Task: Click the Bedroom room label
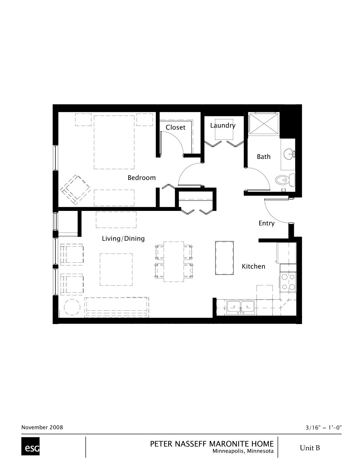(x=141, y=178)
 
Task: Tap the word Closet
(x=175, y=127)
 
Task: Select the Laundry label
(x=223, y=126)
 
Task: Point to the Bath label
(x=264, y=157)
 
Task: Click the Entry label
(x=266, y=223)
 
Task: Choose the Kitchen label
(x=253, y=266)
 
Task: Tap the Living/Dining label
(x=123, y=238)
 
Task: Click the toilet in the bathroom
(x=285, y=180)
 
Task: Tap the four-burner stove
(x=288, y=282)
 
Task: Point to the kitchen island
(x=224, y=258)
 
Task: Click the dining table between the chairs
(x=174, y=262)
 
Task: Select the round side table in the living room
(x=72, y=307)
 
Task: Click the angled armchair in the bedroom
(x=75, y=190)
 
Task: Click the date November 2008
(x=42, y=427)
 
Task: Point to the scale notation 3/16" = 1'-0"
(x=323, y=428)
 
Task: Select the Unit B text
(x=309, y=448)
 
